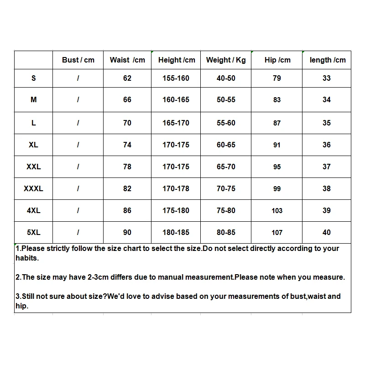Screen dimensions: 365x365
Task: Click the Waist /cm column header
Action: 127,60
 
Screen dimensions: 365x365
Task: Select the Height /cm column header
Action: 176,60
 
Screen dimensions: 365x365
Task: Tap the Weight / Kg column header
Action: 226,60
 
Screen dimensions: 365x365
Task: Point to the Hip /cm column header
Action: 277,60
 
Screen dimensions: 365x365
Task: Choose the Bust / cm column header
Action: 78,60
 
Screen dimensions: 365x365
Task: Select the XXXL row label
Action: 33,188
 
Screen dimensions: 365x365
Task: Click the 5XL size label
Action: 33,232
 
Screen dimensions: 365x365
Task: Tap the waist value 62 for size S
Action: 127,78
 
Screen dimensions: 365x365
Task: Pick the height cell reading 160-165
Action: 176,99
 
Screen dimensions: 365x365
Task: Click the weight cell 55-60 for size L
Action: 226,123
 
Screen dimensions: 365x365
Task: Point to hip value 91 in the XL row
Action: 277,145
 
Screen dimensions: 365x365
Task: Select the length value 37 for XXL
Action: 327,167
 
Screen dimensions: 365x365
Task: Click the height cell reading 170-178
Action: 176,188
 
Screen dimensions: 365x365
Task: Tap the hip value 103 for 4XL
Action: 277,210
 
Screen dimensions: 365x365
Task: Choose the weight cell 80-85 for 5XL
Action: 226,232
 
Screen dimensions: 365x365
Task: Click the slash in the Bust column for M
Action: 78,99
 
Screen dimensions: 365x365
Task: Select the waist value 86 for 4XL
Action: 127,210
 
